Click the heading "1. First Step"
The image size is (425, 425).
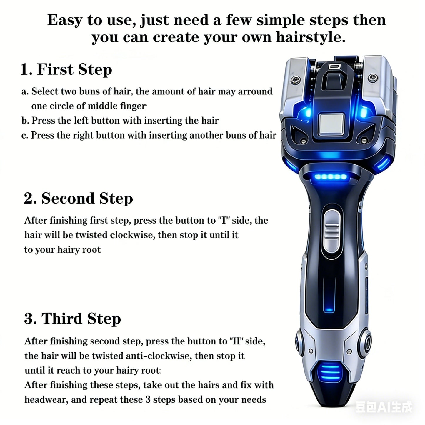click(x=66, y=70)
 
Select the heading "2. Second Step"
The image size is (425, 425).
click(x=78, y=199)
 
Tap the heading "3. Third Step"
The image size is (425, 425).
click(x=72, y=319)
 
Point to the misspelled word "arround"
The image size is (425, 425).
click(x=255, y=91)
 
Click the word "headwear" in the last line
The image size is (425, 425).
click(x=46, y=400)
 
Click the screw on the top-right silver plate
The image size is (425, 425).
click(x=374, y=78)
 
